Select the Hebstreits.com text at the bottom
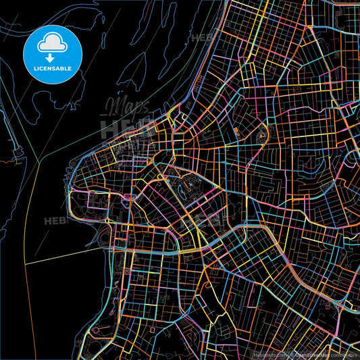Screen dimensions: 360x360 click(269, 354)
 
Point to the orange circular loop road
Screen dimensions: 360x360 click(261, 134)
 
